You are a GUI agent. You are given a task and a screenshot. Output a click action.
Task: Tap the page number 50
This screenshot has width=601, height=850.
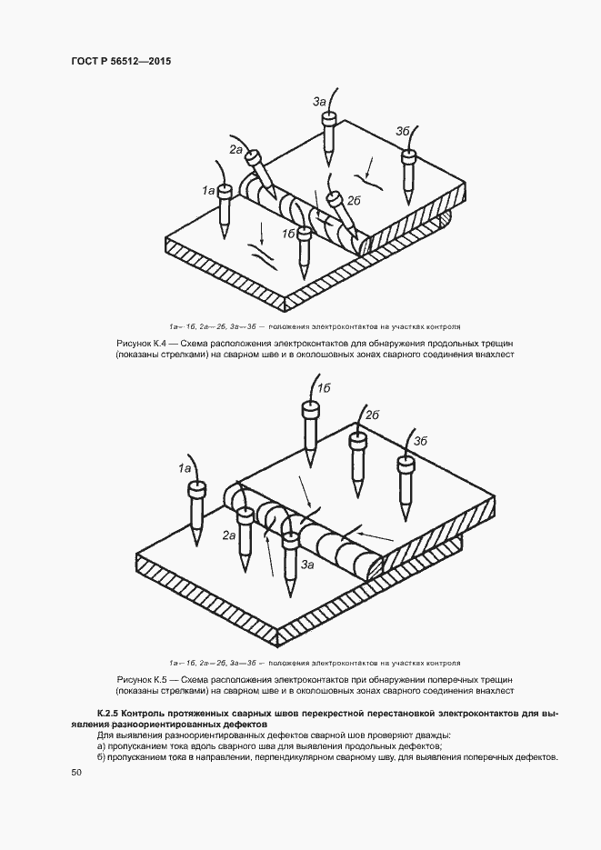(75, 773)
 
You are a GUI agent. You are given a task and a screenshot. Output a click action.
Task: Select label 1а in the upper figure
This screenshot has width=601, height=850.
(208, 191)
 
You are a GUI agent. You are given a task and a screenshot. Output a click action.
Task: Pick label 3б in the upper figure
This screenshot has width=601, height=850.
(403, 131)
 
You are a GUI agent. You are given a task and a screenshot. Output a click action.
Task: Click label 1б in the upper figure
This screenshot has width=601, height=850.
(287, 234)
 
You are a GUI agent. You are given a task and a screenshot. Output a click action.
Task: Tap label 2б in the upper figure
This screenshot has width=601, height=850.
(356, 201)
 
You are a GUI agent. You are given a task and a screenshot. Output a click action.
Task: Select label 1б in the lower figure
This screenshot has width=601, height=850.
(322, 388)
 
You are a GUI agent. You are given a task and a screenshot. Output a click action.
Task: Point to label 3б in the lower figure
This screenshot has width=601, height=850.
(420, 441)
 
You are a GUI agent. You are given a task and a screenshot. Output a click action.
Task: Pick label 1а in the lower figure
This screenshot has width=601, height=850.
(185, 468)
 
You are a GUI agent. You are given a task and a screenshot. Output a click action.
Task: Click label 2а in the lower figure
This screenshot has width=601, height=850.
(230, 536)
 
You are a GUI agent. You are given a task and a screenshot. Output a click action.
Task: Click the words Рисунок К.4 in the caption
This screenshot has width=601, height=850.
(145, 343)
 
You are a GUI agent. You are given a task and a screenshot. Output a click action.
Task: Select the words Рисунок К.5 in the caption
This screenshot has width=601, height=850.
(145, 679)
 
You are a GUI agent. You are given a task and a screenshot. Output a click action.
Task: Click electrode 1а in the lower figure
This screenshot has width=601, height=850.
(195, 514)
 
